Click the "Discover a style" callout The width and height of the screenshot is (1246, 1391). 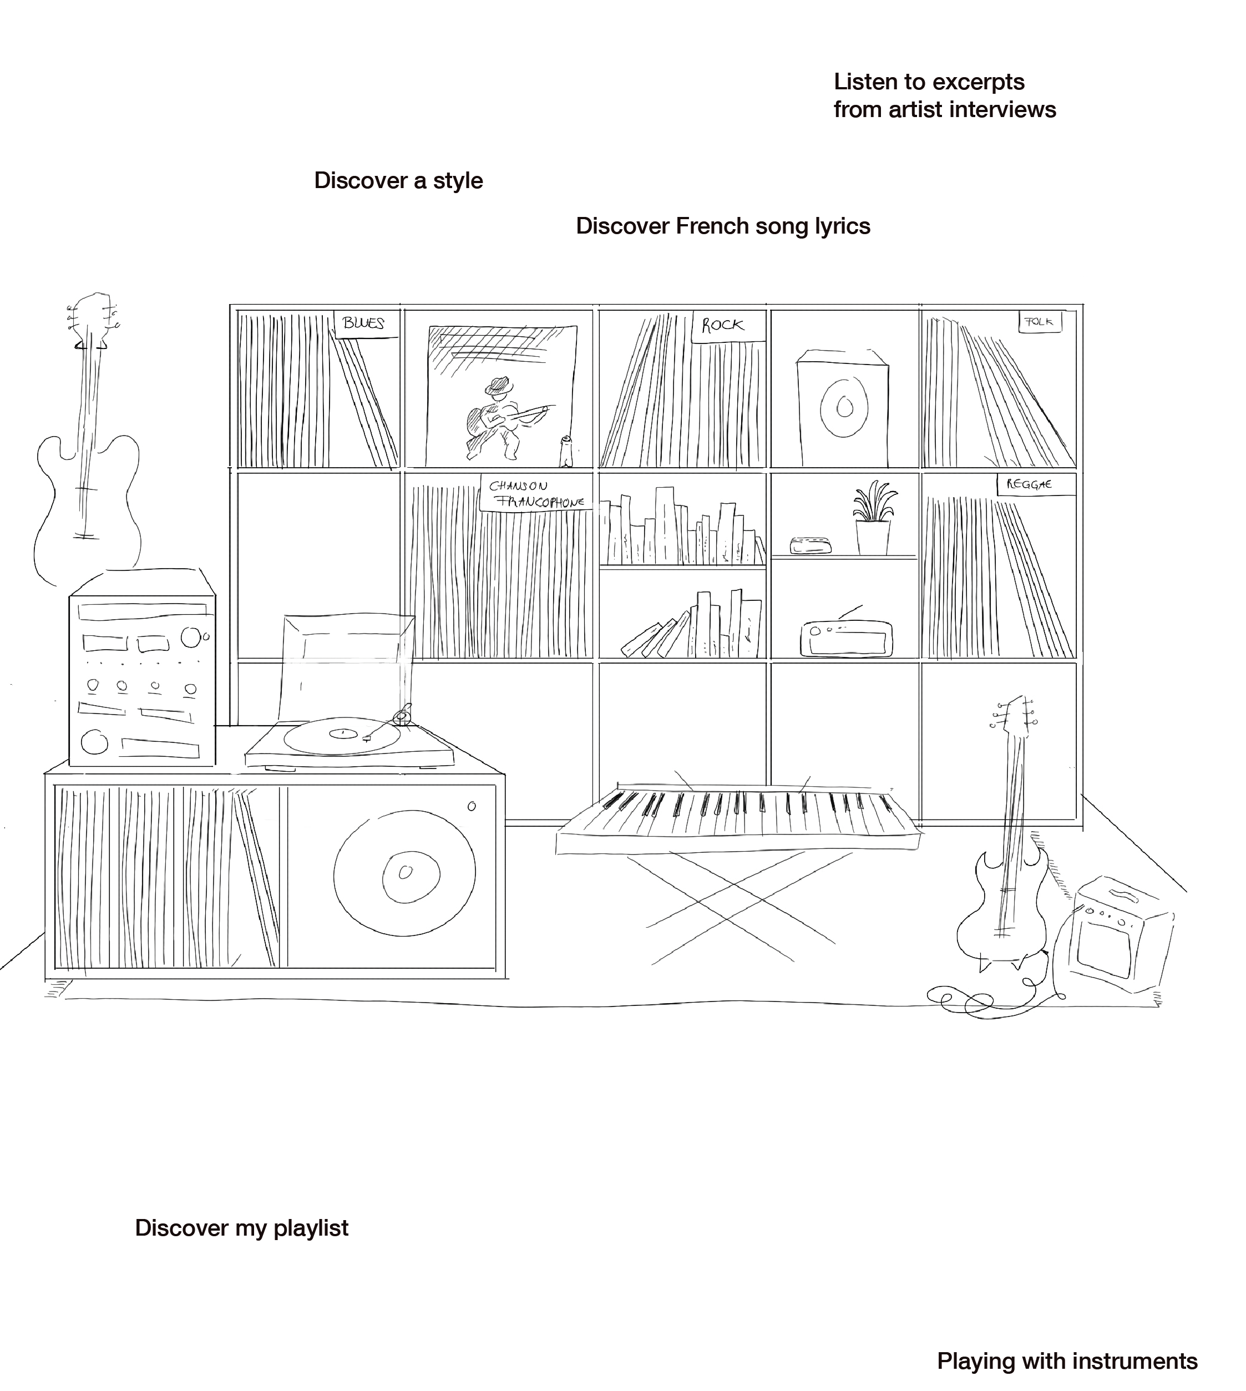[398, 179]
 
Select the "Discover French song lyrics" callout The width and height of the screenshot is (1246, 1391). [722, 225]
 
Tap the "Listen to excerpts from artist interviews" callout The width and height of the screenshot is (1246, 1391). [950, 94]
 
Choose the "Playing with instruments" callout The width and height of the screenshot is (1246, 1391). [1067, 1360]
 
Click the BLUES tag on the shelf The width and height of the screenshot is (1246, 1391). [364, 323]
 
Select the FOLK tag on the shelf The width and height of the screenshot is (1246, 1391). [1039, 321]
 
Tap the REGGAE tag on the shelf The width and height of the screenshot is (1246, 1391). [1029, 485]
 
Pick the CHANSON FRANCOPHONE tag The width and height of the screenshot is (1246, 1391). [536, 493]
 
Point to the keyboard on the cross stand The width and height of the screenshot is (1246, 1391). [740, 818]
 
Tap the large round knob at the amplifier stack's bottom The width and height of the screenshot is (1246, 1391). [94, 742]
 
